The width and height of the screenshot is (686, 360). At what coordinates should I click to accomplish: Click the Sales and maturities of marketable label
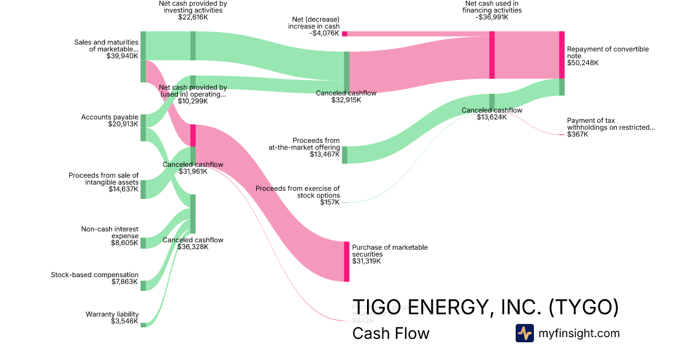coord(106,49)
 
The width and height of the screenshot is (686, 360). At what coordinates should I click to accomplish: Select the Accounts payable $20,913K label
coord(110,120)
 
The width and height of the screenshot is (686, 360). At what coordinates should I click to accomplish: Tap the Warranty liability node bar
coord(143,325)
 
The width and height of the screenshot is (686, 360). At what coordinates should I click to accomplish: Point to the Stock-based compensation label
coord(94,278)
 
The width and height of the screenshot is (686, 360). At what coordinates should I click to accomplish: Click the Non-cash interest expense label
coord(109,236)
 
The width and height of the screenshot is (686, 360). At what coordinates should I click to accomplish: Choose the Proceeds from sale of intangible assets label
coord(103,182)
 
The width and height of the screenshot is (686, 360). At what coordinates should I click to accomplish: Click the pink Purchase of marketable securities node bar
coord(346,261)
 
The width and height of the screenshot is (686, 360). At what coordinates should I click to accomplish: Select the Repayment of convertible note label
coord(608,56)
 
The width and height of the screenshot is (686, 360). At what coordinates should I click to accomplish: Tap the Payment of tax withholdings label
coord(611,127)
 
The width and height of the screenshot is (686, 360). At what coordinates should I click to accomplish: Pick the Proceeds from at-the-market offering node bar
coord(345,155)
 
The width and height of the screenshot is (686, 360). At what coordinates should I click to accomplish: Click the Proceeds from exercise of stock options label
coord(297,195)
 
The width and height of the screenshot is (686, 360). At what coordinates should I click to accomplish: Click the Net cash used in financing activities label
coord(492,10)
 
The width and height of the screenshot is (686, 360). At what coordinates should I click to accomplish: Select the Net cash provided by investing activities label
coord(193,10)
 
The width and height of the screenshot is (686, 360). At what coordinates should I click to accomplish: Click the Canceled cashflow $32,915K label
coord(346,96)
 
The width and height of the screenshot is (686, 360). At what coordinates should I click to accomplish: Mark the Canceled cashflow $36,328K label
coord(193,243)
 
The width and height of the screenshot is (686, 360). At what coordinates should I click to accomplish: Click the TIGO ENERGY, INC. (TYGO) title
coord(485,307)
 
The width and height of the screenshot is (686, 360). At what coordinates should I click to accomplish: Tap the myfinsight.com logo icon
coord(524,333)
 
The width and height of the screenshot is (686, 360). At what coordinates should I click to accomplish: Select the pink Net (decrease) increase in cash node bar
coord(345,34)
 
